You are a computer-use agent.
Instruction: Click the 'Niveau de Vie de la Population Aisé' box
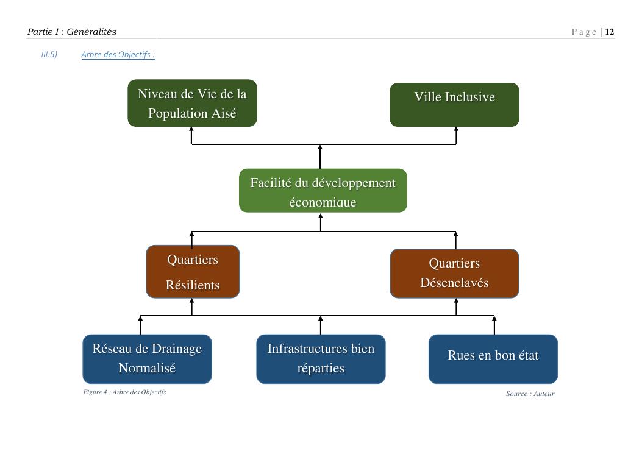[x=192, y=103]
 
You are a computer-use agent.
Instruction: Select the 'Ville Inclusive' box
[x=454, y=104]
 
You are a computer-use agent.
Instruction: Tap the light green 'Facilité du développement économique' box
[x=323, y=191]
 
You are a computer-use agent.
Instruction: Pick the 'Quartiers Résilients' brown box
[x=193, y=272]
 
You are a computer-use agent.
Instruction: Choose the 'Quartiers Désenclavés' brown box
[x=454, y=273]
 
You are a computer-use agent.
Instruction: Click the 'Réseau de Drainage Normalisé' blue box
[x=147, y=358]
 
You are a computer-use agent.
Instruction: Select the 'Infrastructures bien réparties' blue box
[x=321, y=358]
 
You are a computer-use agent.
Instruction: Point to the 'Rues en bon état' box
[x=493, y=358]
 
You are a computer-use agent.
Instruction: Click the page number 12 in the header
[x=610, y=32]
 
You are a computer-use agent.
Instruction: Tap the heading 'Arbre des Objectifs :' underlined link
[x=118, y=55]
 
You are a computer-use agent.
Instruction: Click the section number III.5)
[x=49, y=55]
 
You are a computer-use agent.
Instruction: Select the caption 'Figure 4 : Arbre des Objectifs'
[x=124, y=392]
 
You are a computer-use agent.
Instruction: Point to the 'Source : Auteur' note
[x=530, y=394]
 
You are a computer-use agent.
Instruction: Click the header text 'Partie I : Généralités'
[x=71, y=32]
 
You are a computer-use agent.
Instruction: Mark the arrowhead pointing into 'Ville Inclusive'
[x=456, y=130]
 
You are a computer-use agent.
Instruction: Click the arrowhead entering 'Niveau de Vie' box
[x=191, y=130]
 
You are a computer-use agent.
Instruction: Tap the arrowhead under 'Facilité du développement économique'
[x=321, y=216]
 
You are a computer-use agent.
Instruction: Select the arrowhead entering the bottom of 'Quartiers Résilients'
[x=191, y=301]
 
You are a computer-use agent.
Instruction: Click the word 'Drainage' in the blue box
[x=176, y=349]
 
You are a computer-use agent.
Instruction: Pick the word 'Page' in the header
[x=584, y=32]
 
